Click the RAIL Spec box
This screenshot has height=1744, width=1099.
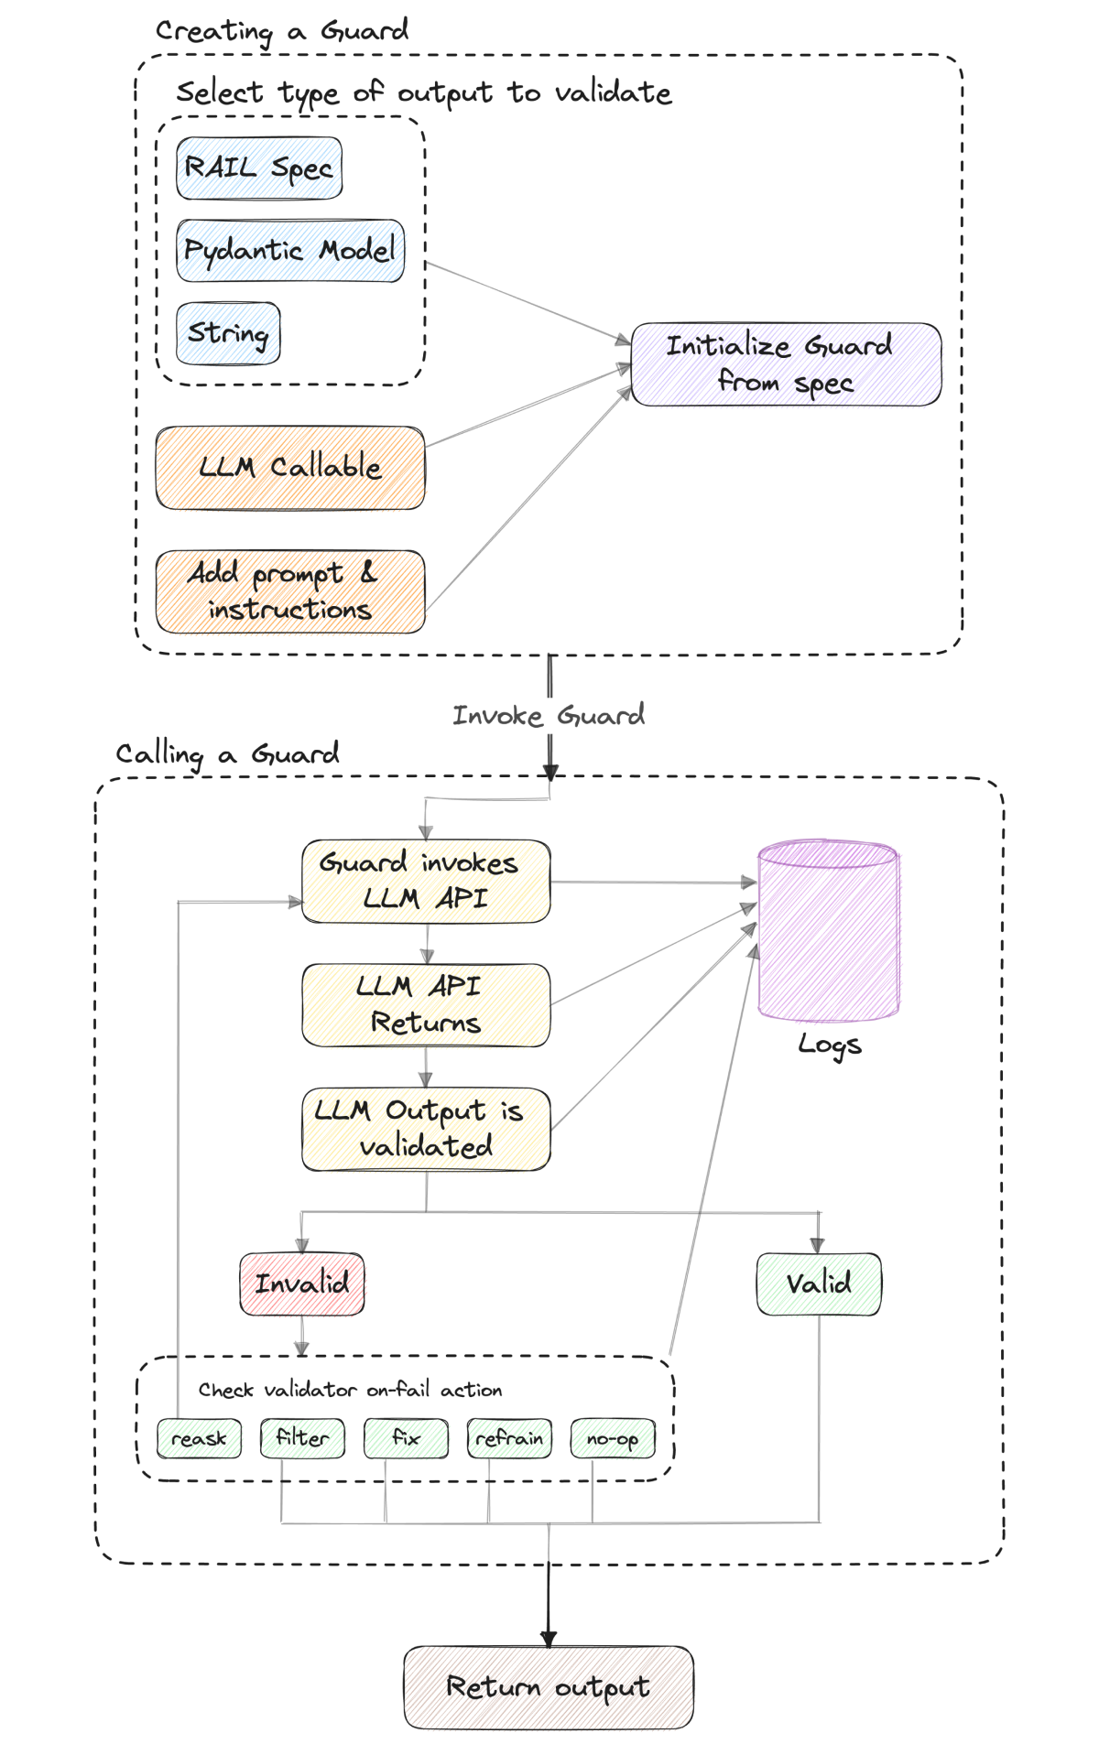259,168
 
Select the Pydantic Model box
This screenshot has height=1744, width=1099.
290,251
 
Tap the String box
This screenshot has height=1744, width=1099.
228,333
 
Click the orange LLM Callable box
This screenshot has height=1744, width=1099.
290,468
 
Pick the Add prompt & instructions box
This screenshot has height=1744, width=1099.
290,591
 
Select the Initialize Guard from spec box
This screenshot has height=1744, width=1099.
786,364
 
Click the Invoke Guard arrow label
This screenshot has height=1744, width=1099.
549,716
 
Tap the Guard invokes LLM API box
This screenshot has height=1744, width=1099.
426,881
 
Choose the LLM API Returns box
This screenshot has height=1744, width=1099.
426,1004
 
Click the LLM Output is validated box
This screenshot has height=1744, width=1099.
426,1129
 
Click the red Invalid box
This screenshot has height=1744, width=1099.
302,1284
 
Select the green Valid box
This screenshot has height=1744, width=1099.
819,1284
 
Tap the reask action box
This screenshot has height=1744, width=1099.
199,1438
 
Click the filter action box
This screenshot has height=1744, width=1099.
302,1438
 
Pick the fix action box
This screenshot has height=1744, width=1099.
406,1438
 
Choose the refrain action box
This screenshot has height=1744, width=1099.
509,1438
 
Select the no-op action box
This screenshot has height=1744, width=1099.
613,1438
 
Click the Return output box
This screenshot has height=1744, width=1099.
549,1686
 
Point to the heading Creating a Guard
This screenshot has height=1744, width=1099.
282,31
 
